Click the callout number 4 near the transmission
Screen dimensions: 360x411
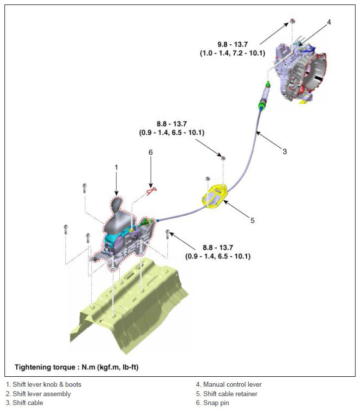[329, 22]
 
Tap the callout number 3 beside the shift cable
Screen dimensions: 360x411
[285, 151]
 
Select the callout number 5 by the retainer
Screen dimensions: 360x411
[253, 221]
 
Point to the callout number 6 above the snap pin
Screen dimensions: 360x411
[151, 152]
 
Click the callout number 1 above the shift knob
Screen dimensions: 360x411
[116, 167]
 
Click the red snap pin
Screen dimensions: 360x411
[152, 190]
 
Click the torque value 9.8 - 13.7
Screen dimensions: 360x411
[233, 44]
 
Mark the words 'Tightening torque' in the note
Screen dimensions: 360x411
[45, 367]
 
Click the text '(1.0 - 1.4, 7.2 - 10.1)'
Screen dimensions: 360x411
[233, 53]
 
